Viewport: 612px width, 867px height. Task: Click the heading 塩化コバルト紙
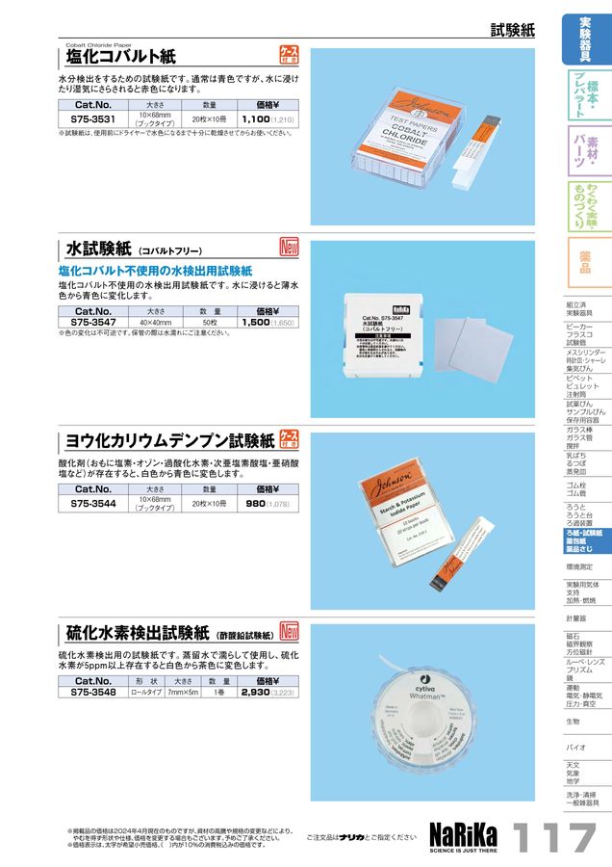click(x=120, y=57)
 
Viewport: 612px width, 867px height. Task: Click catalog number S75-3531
click(x=93, y=118)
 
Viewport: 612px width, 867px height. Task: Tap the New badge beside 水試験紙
click(x=290, y=247)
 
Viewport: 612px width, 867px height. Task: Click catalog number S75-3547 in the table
click(x=93, y=324)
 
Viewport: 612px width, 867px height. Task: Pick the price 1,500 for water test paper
click(x=255, y=324)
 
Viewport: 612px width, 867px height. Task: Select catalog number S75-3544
click(x=93, y=503)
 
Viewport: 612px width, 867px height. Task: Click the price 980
click(x=255, y=503)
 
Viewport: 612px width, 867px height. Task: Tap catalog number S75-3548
click(x=93, y=692)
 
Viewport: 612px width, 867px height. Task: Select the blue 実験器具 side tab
click(x=585, y=37)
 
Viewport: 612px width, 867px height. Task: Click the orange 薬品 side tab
click(x=585, y=262)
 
